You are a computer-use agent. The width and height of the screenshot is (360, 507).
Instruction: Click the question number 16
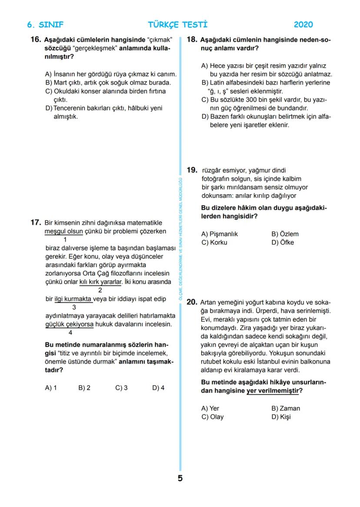36,40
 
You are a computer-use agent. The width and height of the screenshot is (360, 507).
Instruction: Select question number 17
36,223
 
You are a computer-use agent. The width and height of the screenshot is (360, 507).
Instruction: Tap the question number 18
192,40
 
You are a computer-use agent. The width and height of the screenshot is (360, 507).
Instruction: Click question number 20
192,302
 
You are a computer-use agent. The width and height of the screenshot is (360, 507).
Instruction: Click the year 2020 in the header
303,25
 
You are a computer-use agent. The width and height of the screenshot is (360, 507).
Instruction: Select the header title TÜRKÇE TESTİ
177,25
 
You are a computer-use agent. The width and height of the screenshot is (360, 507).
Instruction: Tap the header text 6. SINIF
45,25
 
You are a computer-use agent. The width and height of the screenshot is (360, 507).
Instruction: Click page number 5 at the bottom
180,479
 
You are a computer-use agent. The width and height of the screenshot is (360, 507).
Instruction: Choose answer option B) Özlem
285,234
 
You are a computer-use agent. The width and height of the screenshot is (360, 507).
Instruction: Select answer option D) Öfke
283,242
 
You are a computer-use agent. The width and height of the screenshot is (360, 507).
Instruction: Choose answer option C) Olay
212,417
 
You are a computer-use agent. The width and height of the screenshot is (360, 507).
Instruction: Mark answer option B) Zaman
286,408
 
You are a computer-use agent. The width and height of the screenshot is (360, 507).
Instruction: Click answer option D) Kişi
281,417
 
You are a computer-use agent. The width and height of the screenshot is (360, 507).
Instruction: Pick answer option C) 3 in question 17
121,388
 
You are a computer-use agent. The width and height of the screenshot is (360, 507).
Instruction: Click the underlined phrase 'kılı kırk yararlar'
100,282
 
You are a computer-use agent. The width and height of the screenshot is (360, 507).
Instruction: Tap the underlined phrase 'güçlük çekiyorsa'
70,324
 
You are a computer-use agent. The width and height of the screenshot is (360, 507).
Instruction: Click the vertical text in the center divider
180,237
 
